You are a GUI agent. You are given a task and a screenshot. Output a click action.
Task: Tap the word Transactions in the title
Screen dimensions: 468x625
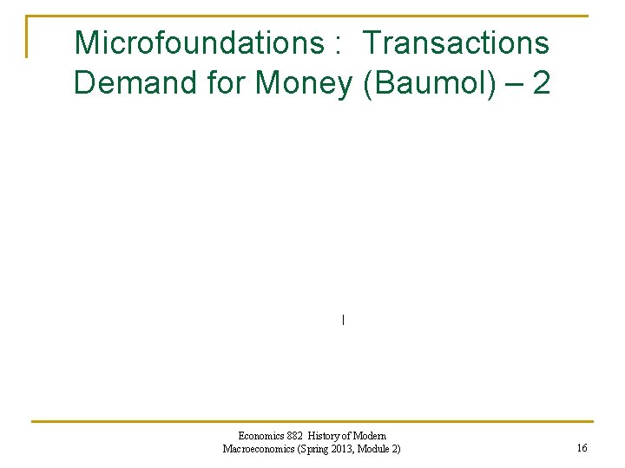(456, 42)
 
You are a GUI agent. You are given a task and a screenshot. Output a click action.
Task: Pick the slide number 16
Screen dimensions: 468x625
(582, 448)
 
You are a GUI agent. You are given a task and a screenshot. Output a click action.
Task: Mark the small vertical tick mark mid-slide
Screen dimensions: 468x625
(344, 320)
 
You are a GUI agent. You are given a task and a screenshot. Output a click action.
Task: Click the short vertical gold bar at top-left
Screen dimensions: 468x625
(27, 36)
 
